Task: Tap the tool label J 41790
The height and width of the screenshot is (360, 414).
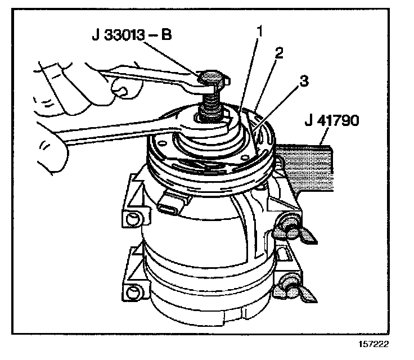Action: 332,121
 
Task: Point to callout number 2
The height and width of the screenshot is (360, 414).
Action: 278,53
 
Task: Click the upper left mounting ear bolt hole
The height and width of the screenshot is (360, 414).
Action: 133,217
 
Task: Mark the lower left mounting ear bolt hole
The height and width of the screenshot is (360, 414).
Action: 133,291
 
